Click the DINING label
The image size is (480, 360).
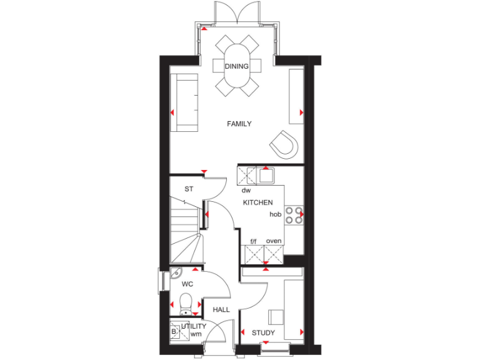(237, 66)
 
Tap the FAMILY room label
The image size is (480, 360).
(239, 124)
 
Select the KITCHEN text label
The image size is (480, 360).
(257, 202)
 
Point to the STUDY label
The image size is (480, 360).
(263, 332)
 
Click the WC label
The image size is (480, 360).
(187, 284)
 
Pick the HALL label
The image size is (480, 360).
(221, 309)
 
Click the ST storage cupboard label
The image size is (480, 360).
(189, 189)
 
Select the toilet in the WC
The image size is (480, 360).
(186, 306)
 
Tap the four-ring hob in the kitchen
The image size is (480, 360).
(294, 214)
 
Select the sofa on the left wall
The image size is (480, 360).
(185, 102)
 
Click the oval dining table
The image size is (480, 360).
(237, 66)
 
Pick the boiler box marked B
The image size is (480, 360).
(174, 332)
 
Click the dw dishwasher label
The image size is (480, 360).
(246, 189)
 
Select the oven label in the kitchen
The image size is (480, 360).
(274, 241)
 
